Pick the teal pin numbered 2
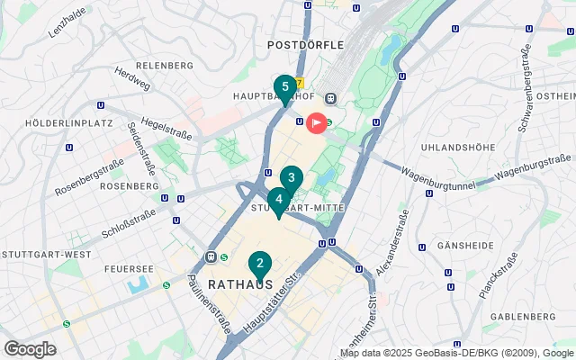tap(259, 265)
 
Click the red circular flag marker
tap(317, 122)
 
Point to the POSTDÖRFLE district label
tap(306, 44)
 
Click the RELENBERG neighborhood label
tap(165, 66)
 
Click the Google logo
tap(30, 349)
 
